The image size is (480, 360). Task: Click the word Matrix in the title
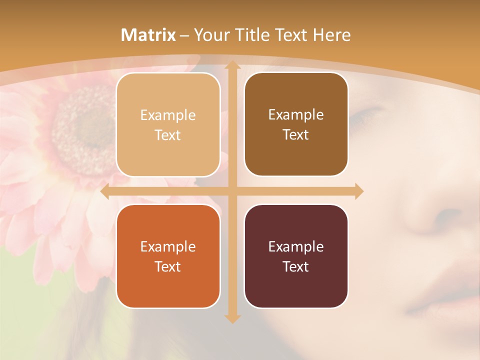coord(148,35)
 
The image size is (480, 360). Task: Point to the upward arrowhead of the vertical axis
coord(232,65)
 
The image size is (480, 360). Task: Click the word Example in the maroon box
coord(296,246)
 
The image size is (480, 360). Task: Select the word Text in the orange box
coord(168,266)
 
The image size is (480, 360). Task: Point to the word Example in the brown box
coord(296,114)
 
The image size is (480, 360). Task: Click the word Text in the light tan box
coord(168,135)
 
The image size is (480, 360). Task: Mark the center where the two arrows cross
coord(232,191)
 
